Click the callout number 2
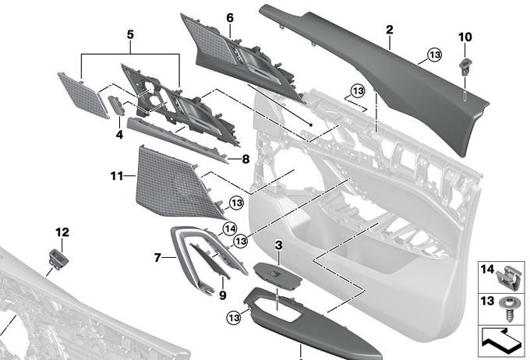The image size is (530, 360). click(x=388, y=30)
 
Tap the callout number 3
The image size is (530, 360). click(x=277, y=246)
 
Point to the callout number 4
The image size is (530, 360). click(x=119, y=135)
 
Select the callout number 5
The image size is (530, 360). click(x=130, y=34)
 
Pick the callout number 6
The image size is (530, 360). click(x=230, y=17)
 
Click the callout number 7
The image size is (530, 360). click(x=157, y=256)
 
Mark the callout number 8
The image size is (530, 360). click(x=245, y=158)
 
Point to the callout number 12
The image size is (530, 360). click(x=62, y=231)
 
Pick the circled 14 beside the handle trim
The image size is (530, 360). click(x=229, y=228)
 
